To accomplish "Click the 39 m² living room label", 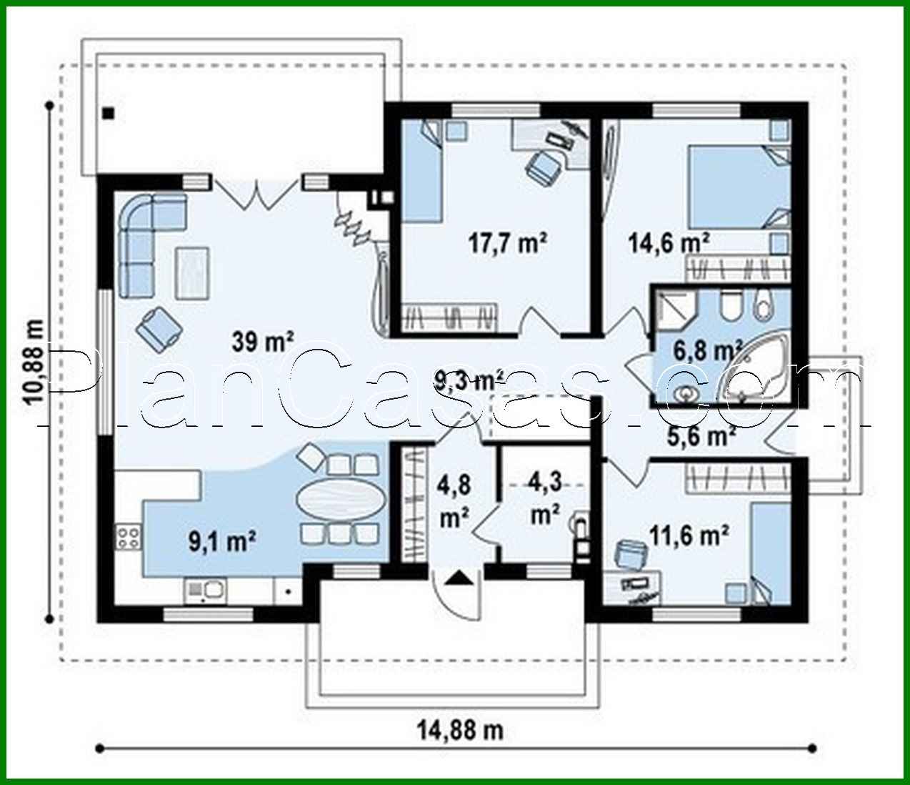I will pyautogui.click(x=263, y=342).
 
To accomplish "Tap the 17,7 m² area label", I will pyautogui.click(x=507, y=244).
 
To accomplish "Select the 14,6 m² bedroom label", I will pyautogui.click(x=668, y=242).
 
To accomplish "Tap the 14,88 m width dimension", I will pyautogui.click(x=460, y=730).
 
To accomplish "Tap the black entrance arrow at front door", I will pyautogui.click(x=457, y=578).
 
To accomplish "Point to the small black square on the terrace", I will pyautogui.click(x=108, y=112).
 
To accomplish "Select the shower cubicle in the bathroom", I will pyautogui.click(x=675, y=310).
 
